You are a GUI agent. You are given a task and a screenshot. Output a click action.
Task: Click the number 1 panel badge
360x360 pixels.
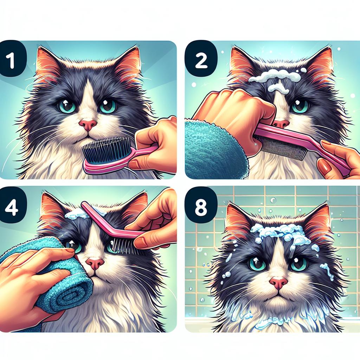12,59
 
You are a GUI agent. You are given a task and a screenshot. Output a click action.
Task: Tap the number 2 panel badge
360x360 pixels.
201,59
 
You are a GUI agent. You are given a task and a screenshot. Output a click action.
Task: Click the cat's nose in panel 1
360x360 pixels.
88,125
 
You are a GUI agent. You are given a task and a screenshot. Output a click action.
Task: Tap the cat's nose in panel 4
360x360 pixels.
95,263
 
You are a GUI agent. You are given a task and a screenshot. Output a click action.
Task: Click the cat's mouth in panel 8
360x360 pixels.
279,295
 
